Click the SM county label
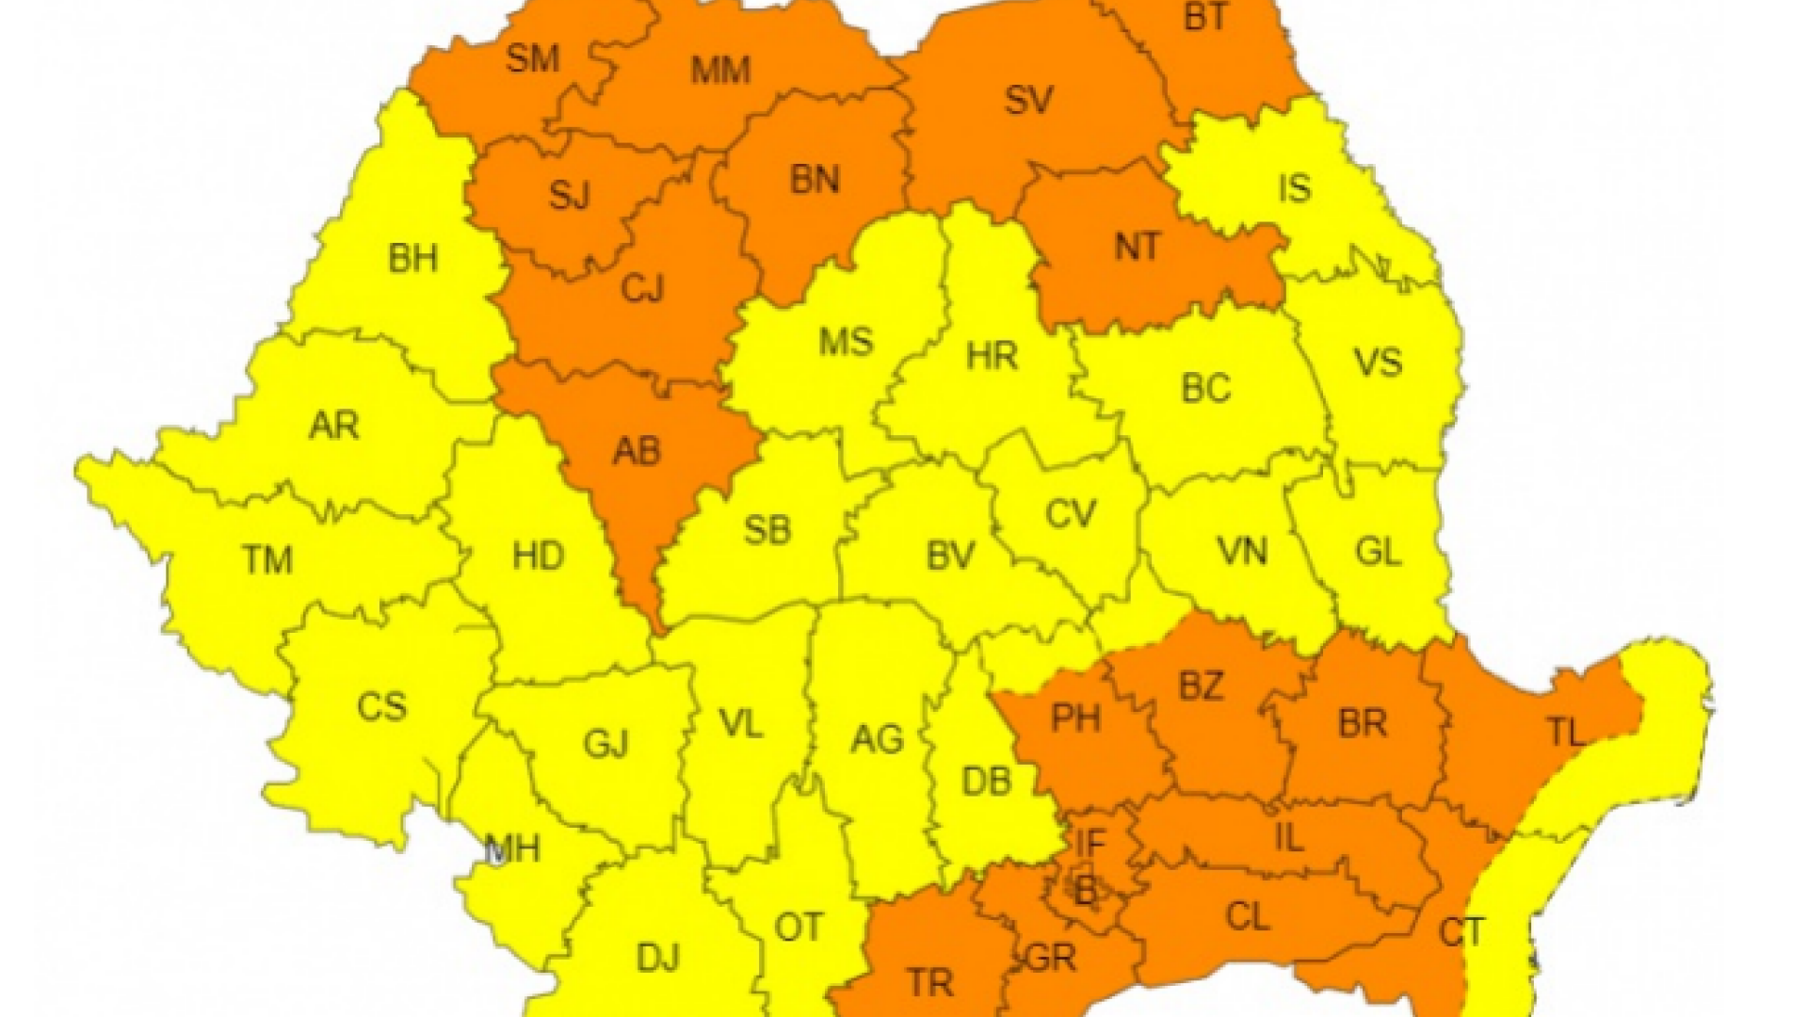click(533, 59)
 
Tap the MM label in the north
click(720, 71)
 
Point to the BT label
click(1204, 18)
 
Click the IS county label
click(1295, 188)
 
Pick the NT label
click(1137, 248)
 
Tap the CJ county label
click(642, 288)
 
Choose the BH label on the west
click(412, 258)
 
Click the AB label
click(637, 452)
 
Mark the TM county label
click(267, 560)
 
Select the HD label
click(538, 556)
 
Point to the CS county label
click(381, 706)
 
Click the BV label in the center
click(949, 556)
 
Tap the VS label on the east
click(1378, 363)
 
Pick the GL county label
click(1378, 552)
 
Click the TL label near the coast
click(1564, 732)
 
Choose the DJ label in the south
click(657, 959)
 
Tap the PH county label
click(1075, 718)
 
